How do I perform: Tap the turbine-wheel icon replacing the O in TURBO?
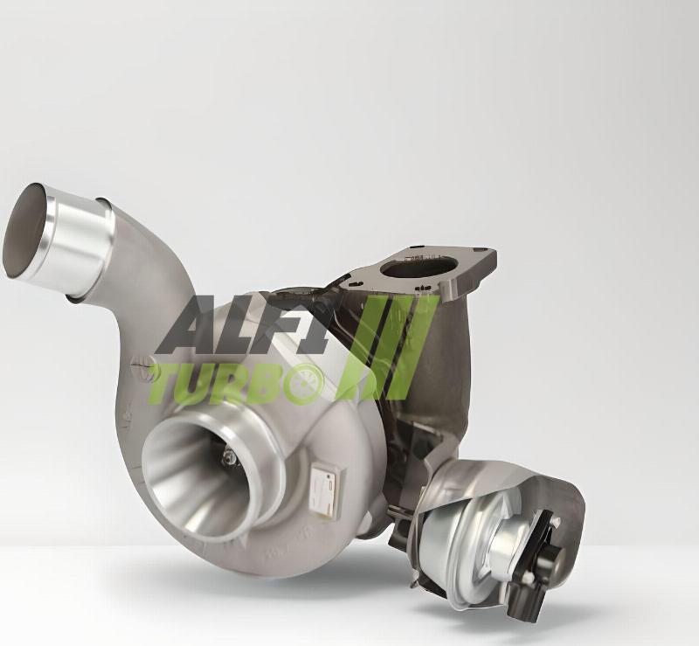point(307,382)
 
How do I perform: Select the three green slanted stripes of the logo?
point(387,346)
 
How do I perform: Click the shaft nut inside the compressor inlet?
point(230,456)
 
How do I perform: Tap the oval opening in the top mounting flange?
point(419,269)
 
